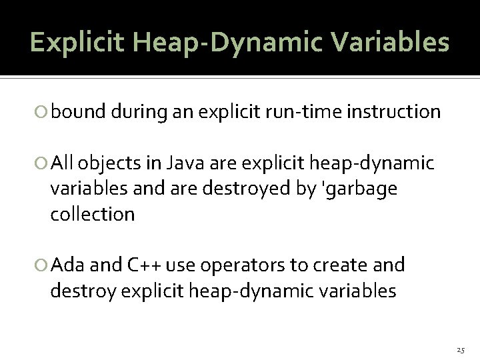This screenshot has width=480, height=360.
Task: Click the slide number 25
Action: point(461,349)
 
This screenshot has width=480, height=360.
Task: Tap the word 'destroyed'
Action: point(257,189)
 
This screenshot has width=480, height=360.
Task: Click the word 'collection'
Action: point(92,215)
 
